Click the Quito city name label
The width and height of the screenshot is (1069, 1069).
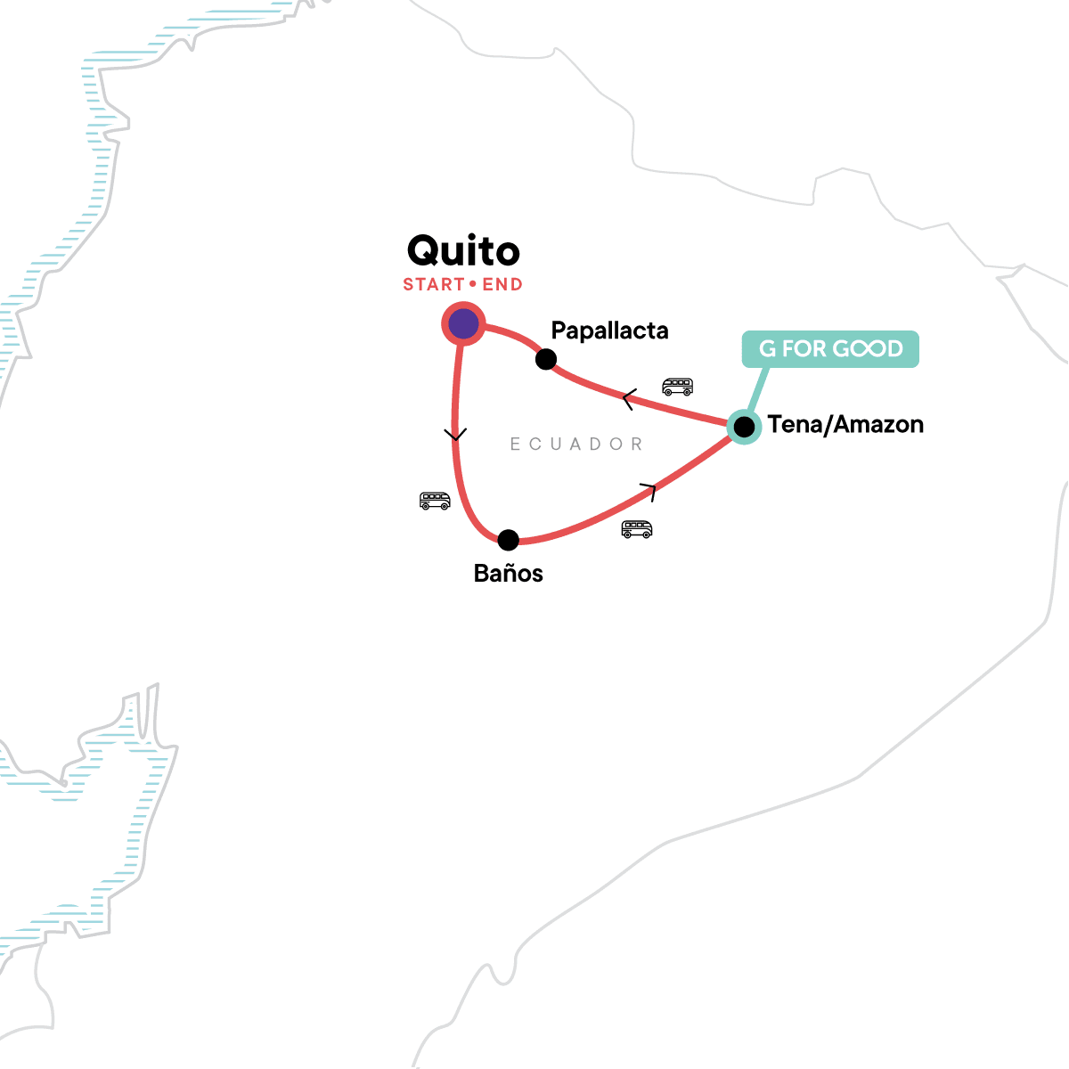click(x=463, y=251)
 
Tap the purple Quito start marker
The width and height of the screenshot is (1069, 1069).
click(x=463, y=324)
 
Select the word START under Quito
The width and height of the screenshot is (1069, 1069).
click(x=434, y=285)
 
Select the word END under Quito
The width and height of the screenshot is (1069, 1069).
click(x=502, y=285)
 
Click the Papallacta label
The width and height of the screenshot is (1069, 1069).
click(x=609, y=330)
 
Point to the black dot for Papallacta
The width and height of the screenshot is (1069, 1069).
click(x=546, y=359)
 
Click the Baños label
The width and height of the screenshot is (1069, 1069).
click(x=508, y=573)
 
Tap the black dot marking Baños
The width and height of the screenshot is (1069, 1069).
click(x=508, y=540)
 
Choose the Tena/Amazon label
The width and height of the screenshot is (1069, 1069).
click(x=845, y=425)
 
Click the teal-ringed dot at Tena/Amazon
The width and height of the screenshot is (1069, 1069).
click(x=744, y=427)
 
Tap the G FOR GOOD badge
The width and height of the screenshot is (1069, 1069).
click(x=830, y=348)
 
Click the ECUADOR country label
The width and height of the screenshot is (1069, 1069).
click(x=576, y=444)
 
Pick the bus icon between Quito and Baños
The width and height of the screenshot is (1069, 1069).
click(x=435, y=501)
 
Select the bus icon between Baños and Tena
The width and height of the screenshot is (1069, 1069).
click(x=636, y=529)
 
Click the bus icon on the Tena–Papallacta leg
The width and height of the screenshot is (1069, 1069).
click(x=677, y=387)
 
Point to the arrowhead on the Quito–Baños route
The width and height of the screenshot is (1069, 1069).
click(x=455, y=435)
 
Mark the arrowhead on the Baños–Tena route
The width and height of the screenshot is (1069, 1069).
click(x=649, y=490)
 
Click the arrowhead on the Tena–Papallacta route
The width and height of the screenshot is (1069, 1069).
click(x=629, y=400)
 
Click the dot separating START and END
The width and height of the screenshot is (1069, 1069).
click(x=473, y=285)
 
